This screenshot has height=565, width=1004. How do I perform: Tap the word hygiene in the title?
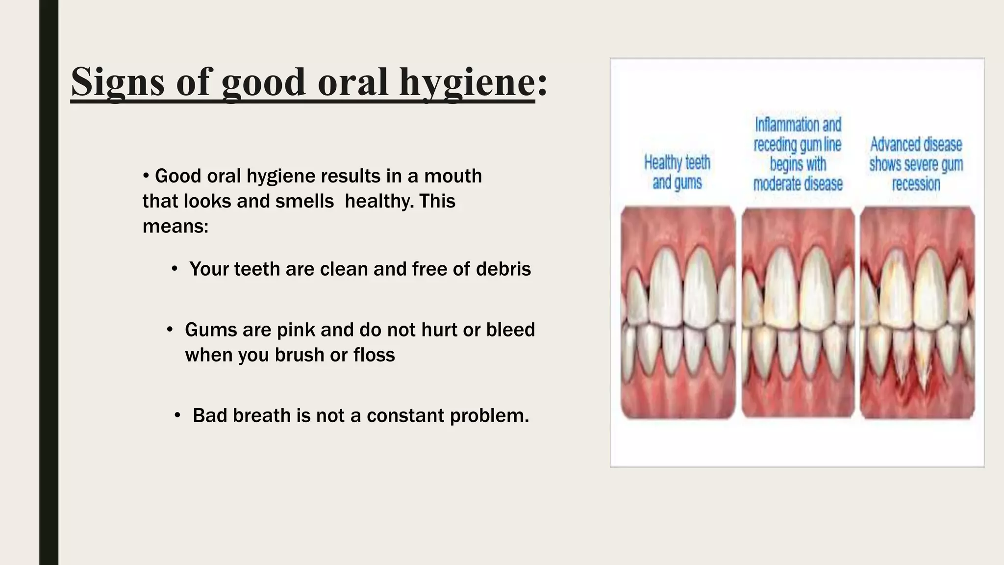(x=467, y=82)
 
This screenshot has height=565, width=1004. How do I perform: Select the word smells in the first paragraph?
(x=304, y=201)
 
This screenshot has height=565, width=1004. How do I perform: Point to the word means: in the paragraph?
(x=176, y=226)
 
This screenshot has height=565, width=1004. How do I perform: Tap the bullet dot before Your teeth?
(x=175, y=269)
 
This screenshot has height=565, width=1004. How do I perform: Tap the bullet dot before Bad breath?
(x=177, y=415)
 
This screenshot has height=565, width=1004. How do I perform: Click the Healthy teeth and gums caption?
(x=677, y=172)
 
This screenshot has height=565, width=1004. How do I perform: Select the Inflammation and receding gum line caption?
(x=798, y=154)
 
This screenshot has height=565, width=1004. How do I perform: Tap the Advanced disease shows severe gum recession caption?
(x=916, y=164)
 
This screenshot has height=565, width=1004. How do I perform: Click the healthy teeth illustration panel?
(x=678, y=312)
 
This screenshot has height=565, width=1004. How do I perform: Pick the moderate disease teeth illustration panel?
(x=798, y=312)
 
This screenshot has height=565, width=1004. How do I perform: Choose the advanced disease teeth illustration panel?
(x=917, y=312)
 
